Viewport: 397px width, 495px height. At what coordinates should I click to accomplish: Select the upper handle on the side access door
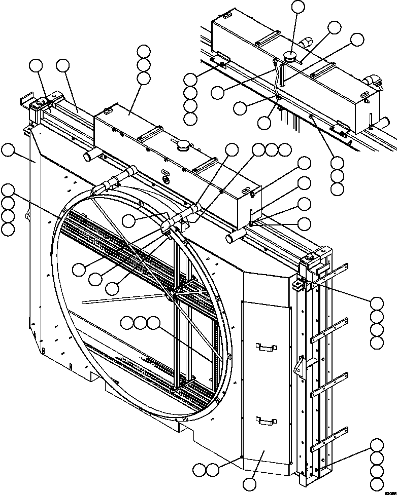pos(266,347)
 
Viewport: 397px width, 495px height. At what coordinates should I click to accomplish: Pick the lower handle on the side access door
pos(266,420)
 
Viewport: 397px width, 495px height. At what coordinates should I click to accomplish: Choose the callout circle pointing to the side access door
pos(249,484)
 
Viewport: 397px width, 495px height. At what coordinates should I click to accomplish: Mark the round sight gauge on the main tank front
pos(164,180)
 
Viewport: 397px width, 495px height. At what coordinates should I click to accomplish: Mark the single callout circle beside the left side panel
pos(8,149)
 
